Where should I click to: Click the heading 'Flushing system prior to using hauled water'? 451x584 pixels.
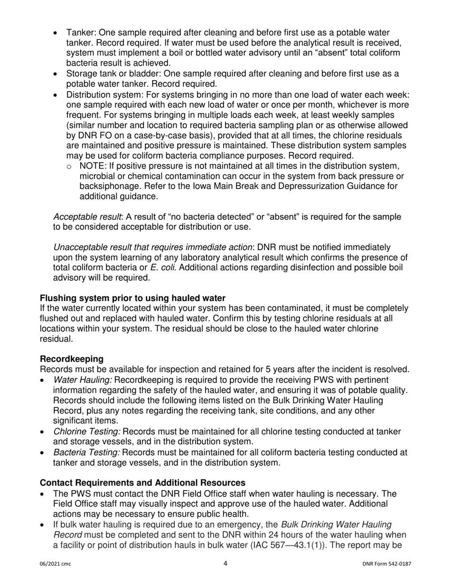(x=132, y=298)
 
